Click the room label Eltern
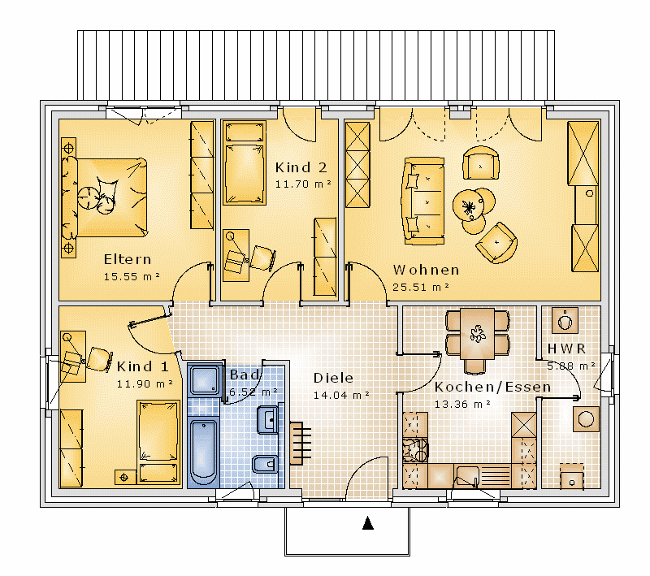128,259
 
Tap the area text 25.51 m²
421,287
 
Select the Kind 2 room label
301,167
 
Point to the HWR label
566,349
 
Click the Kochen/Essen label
492,387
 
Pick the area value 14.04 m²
341,396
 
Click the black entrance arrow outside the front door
368,523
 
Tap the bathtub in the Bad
203,453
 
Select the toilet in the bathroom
265,465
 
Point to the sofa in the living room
422,201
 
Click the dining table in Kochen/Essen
477,334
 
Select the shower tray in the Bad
204,379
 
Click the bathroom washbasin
268,420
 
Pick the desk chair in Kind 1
99,359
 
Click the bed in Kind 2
245,162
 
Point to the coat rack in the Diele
300,443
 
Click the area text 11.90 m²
145,384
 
